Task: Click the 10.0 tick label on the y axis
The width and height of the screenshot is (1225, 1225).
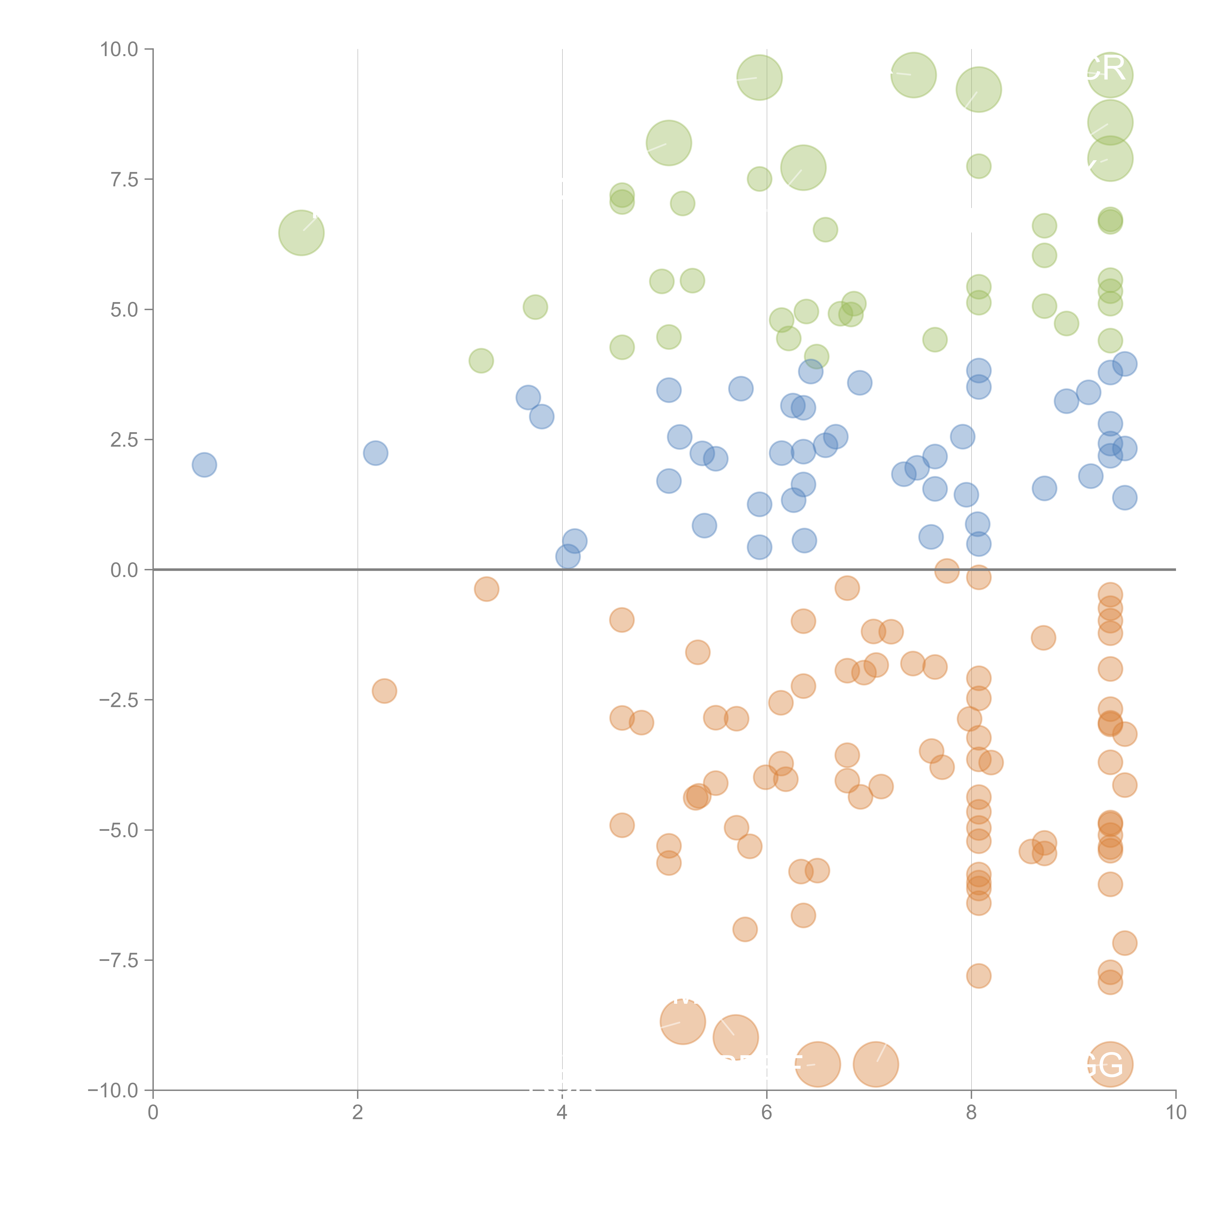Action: pos(119,49)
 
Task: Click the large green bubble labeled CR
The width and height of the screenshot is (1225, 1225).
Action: pos(1110,75)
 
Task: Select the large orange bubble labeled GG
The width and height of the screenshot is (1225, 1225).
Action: pos(1110,1065)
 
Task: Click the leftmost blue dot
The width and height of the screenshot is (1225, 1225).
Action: pos(204,465)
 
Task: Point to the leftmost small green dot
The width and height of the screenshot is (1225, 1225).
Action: pos(481,361)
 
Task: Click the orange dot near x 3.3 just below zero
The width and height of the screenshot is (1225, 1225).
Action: pos(486,589)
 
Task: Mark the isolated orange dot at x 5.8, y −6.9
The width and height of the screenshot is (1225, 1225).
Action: pos(745,930)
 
